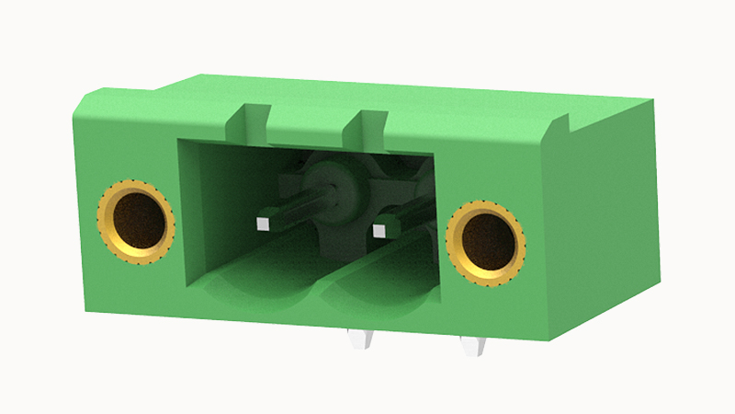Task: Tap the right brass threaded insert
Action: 486,241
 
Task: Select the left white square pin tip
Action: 263,222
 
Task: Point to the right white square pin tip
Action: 378,228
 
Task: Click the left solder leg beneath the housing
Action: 359,339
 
